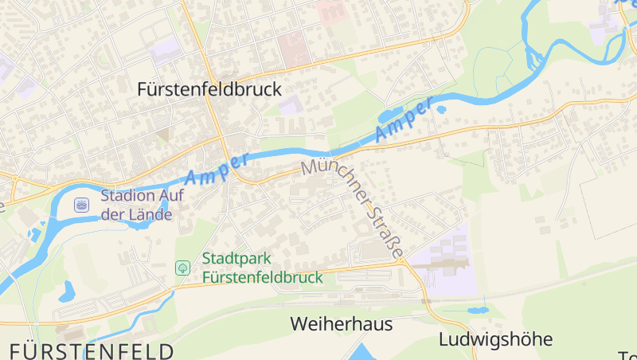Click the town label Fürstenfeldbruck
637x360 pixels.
209,89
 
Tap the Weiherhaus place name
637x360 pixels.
342,324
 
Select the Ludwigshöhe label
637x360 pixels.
495,339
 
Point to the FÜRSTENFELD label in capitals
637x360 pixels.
92,350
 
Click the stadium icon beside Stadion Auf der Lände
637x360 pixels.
81,205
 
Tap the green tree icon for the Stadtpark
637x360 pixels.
182,268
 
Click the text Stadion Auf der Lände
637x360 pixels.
136,205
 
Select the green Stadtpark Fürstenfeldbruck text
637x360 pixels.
262,268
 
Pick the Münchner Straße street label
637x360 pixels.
354,209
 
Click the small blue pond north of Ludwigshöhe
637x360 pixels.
478,308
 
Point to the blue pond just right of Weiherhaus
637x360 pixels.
362,352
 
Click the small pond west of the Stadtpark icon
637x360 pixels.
66,291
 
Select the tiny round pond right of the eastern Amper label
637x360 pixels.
440,108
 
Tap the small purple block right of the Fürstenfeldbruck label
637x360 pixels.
291,104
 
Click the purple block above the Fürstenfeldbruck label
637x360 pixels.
166,50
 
